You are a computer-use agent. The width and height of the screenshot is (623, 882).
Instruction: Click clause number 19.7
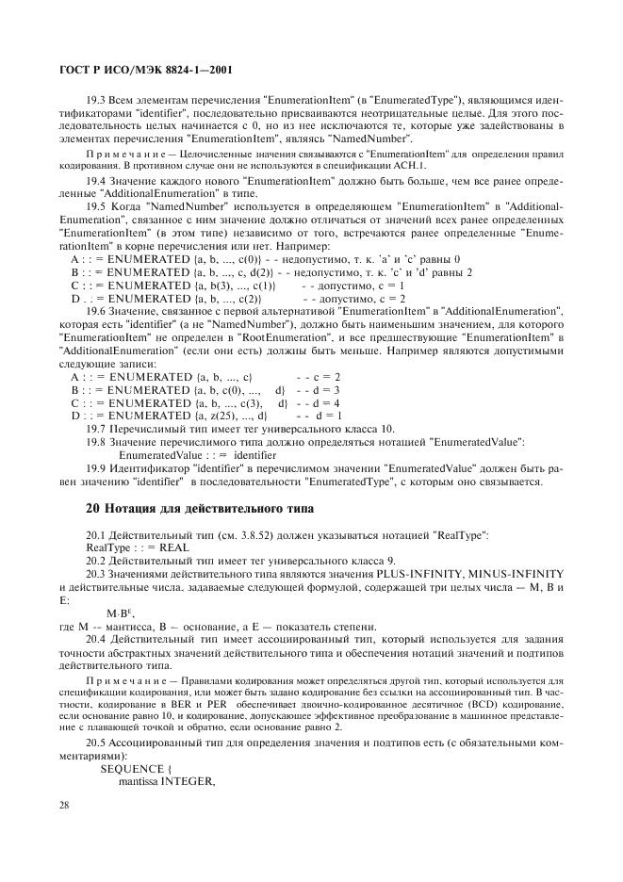coord(97,429)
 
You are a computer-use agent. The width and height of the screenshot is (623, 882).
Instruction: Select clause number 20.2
coord(97,561)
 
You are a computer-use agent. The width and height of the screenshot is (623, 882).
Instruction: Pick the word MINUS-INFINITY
coord(515,574)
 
